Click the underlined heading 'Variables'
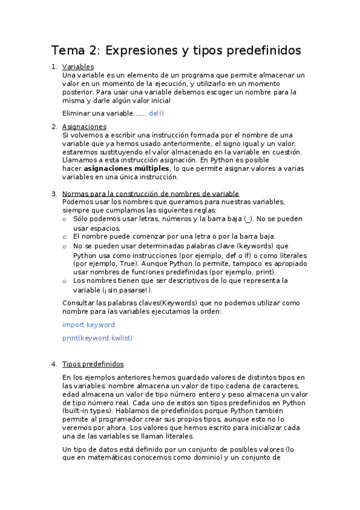[78, 67]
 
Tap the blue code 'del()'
[156, 113]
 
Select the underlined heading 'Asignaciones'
[84, 126]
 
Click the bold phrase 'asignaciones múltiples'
[127, 169]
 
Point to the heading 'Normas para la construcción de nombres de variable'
[150, 194]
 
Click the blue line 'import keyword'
[88, 325]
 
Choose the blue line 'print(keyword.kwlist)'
[97, 338]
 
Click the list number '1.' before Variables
[54, 67]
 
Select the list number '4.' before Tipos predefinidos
[54, 364]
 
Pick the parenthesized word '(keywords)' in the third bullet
[255, 246]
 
